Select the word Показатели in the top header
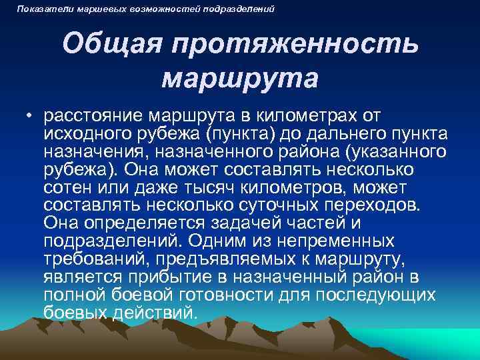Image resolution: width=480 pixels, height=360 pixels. coord(39,9)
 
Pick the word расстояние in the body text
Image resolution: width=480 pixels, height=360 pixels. coord(95,117)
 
